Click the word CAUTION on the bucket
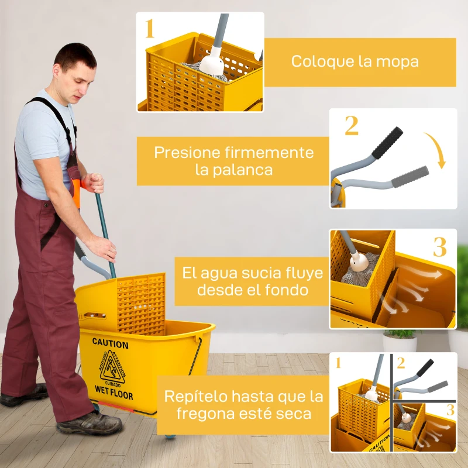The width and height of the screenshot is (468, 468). [x=110, y=343]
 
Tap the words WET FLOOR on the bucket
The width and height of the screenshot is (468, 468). [x=114, y=393]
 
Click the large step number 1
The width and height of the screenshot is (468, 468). [x=150, y=28]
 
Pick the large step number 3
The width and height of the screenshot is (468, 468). [x=439, y=247]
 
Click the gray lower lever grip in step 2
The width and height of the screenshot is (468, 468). [x=410, y=177]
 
